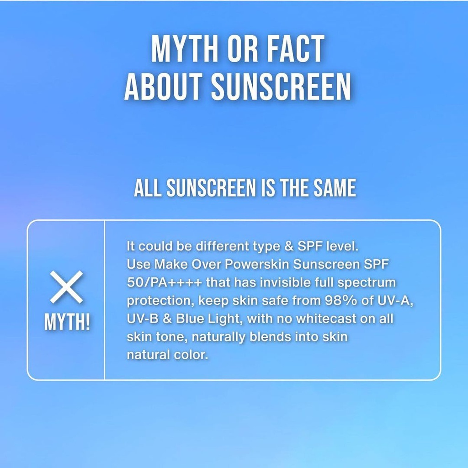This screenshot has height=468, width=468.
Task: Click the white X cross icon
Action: tap(66, 287)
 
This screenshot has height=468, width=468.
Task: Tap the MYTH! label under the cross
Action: tap(67, 322)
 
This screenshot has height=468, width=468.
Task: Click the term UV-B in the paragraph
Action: tap(143, 319)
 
